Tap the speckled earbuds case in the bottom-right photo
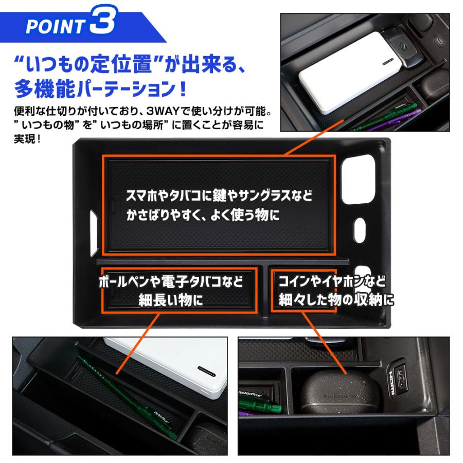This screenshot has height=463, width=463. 340,393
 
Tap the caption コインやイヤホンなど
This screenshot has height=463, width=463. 332,281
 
